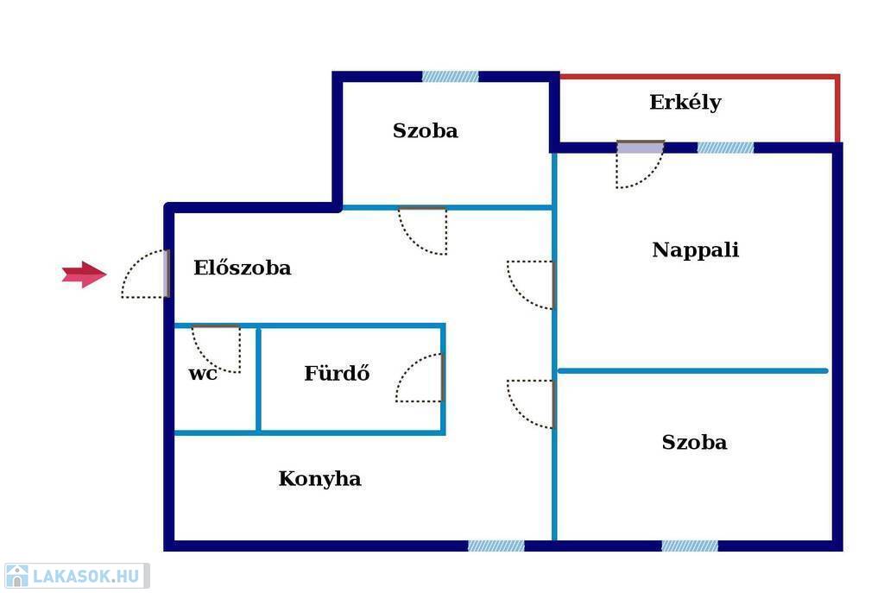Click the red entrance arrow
click(x=84, y=274)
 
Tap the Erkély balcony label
click(x=685, y=103)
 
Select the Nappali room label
click(x=695, y=249)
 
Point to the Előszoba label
click(x=243, y=267)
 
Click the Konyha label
click(x=319, y=478)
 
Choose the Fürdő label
click(x=338, y=373)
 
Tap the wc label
click(x=202, y=373)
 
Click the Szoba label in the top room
click(x=425, y=131)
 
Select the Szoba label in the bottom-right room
click(x=695, y=442)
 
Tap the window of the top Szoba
click(x=451, y=76)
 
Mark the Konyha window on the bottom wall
click(x=496, y=546)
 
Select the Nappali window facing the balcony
click(x=725, y=148)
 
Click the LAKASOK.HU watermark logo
click(x=76, y=576)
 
